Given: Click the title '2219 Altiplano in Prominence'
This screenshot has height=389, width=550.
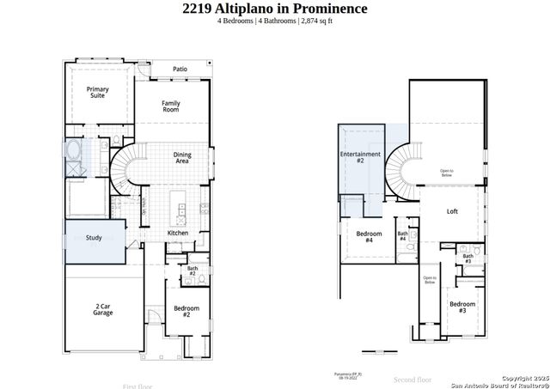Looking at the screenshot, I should click(x=275, y=9).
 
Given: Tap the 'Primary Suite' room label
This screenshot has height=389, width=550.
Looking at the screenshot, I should click(x=98, y=92).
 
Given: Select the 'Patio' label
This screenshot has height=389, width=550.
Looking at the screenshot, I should click(x=180, y=69).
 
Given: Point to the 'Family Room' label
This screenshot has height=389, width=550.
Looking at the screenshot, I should click(x=171, y=106).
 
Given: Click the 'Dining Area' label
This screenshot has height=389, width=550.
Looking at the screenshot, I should click(x=182, y=157).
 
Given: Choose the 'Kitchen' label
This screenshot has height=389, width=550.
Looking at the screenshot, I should click(x=178, y=233).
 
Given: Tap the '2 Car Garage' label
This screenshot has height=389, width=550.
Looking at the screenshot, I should click(x=103, y=310).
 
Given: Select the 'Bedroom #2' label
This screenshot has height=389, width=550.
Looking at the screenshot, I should click(x=186, y=311).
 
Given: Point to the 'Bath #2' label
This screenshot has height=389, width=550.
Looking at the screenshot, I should click(x=192, y=271).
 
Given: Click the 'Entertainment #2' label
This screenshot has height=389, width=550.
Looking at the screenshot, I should click(x=360, y=157).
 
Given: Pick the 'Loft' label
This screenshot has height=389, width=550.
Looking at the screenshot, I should click(x=453, y=211).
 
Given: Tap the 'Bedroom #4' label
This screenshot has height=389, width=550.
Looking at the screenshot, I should click(x=370, y=237).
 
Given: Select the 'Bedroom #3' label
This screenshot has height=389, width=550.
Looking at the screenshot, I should click(x=462, y=307).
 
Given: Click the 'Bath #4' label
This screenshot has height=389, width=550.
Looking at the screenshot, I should click(x=402, y=235).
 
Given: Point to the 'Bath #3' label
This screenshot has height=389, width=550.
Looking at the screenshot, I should click(x=467, y=258).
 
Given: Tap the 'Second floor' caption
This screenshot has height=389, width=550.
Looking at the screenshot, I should click(x=412, y=378).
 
